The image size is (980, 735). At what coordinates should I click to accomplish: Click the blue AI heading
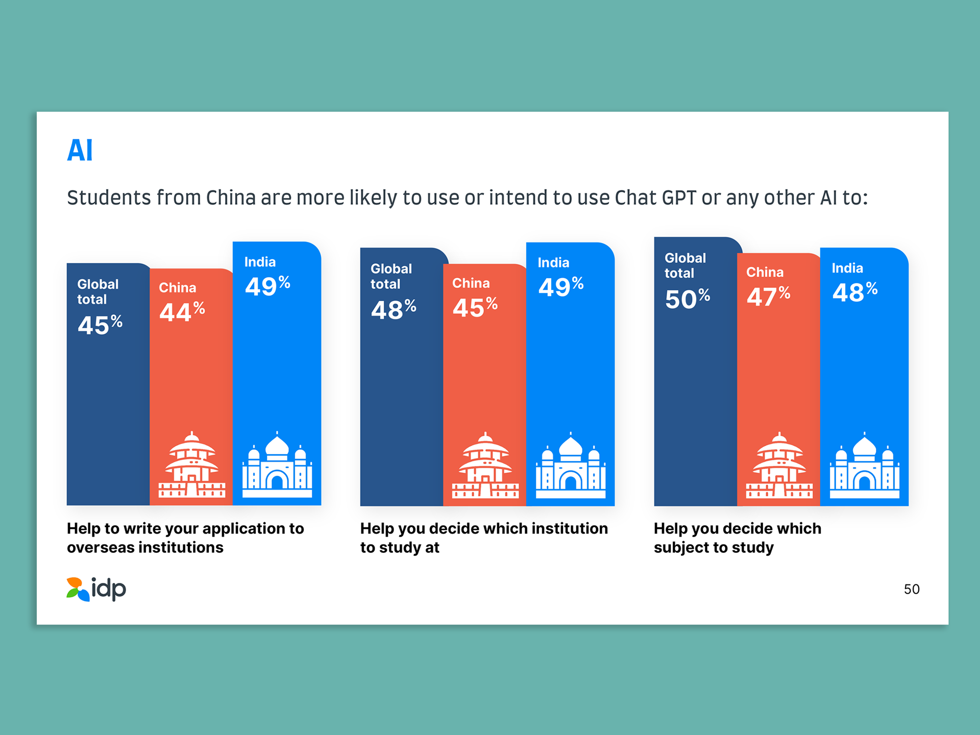point(80,151)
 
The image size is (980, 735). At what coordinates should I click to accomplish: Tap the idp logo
point(96,589)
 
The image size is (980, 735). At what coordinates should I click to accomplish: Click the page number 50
point(912,589)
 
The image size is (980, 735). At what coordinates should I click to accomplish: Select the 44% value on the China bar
point(182,311)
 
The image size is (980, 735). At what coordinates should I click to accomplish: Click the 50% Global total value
point(687,299)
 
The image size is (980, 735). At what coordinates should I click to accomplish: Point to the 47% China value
point(768,296)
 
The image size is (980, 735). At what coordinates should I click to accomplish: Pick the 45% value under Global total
point(100,325)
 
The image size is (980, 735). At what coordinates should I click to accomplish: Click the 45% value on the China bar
point(475,307)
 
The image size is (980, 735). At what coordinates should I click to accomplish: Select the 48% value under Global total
point(394,309)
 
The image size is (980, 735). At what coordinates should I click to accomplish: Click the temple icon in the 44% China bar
point(191,464)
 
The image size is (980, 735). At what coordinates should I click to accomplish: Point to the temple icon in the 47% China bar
point(779,465)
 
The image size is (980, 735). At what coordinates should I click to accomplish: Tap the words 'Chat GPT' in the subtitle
point(655,198)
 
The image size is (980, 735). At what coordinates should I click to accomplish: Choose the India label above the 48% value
point(847,268)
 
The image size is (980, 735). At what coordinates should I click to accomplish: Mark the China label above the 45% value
point(471,283)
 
